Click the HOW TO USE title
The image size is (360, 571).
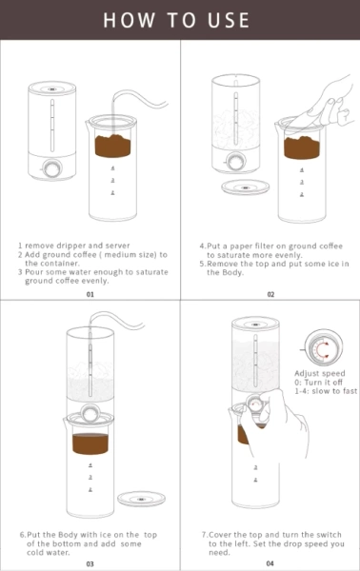click(x=179, y=20)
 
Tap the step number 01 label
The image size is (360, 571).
click(x=90, y=294)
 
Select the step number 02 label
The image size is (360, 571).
click(x=270, y=294)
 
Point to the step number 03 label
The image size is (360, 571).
click(x=90, y=562)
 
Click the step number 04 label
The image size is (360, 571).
click(x=270, y=562)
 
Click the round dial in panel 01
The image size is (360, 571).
click(x=48, y=171)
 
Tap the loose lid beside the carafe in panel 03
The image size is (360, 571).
click(x=140, y=497)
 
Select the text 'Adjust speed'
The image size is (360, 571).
click(x=320, y=374)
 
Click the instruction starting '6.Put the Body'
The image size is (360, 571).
click(x=90, y=535)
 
